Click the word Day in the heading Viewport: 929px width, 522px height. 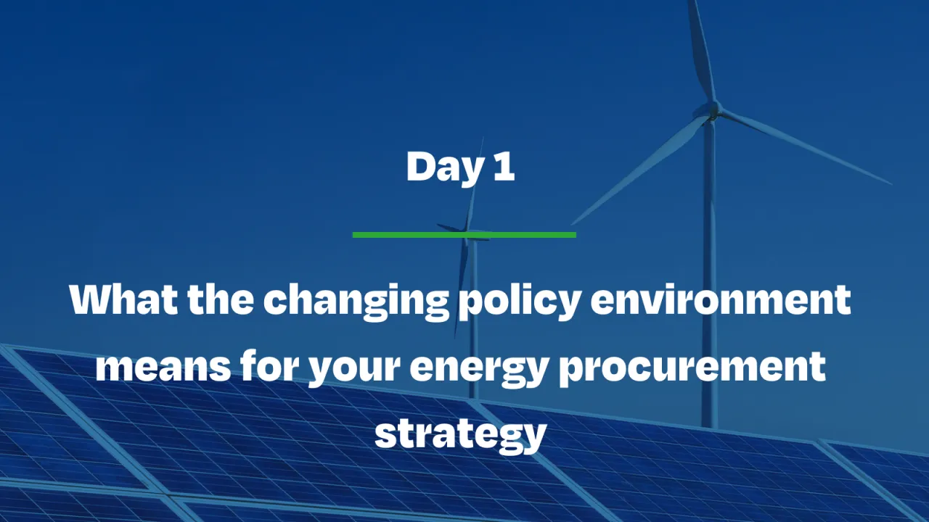pos(443,167)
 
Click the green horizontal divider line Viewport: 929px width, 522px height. pos(464,235)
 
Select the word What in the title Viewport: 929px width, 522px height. pos(123,299)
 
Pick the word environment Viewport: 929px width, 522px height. pos(721,299)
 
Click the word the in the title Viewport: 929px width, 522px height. pos(218,299)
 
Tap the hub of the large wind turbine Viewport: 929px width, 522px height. pos(712,110)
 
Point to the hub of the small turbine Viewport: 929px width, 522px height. pos(471,233)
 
